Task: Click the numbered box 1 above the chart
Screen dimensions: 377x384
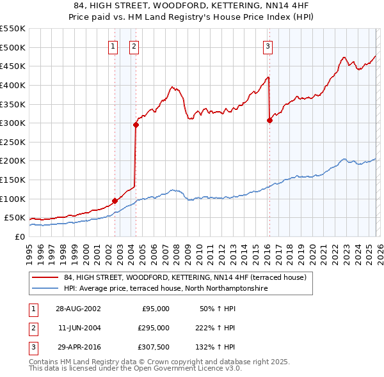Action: pyautogui.click(x=113, y=45)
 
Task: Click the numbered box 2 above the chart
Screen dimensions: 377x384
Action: pyautogui.click(x=134, y=45)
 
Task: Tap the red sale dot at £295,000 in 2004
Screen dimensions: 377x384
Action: pyautogui.click(x=136, y=125)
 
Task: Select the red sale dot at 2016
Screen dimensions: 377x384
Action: pyautogui.click(x=269, y=121)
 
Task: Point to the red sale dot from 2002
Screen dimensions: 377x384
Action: pyautogui.click(x=115, y=201)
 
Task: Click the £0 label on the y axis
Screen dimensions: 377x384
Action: pyautogui.click(x=19, y=236)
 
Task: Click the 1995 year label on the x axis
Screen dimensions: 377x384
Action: pyautogui.click(x=29, y=250)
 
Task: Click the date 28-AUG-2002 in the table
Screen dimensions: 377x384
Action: pyautogui.click(x=78, y=309)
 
